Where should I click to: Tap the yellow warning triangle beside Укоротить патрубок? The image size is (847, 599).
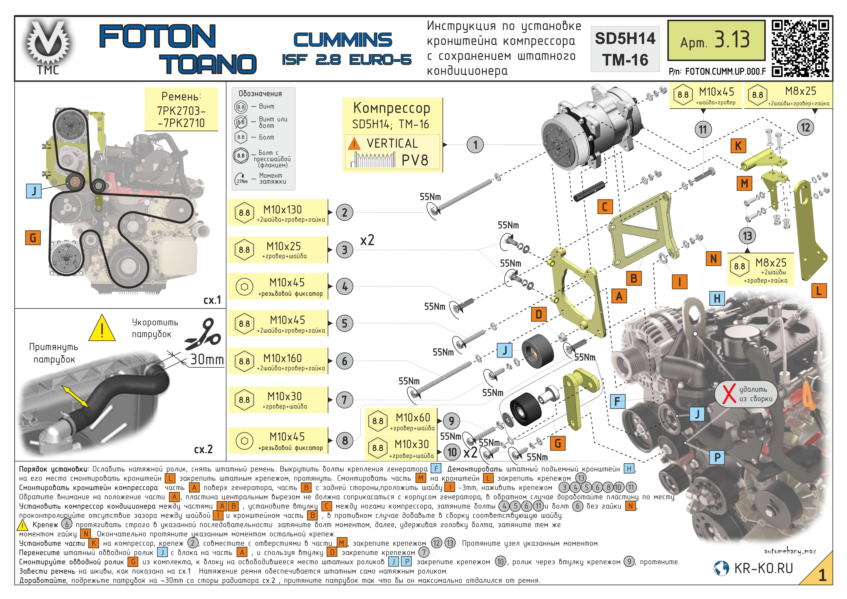(102, 328)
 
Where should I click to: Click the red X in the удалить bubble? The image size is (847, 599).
(729, 394)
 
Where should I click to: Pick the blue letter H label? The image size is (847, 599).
(717, 298)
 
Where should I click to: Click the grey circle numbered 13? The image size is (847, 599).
(747, 236)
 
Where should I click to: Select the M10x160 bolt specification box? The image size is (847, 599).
(278, 361)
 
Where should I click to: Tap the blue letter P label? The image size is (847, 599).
(717, 457)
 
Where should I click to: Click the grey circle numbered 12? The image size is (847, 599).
(805, 128)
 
